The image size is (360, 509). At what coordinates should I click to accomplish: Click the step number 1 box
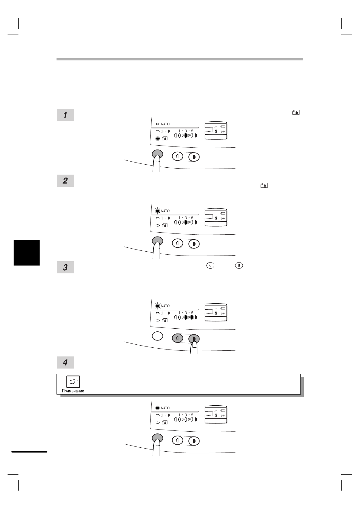[65, 115]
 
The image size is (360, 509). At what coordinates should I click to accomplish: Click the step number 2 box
[65, 181]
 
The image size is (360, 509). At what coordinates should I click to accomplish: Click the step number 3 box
[65, 267]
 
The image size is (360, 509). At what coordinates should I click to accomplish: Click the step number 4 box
[65, 362]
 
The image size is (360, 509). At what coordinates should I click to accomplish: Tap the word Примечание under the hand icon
[73, 391]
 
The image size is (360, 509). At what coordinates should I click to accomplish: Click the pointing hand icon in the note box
[73, 382]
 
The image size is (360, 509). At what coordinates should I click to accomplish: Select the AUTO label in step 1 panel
[165, 124]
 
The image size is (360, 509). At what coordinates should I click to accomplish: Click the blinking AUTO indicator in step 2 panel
[157, 211]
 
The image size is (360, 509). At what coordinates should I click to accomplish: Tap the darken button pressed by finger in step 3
[194, 339]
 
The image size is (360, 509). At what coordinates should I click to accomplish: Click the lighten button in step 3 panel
[177, 338]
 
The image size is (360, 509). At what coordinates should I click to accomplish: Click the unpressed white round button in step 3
[157, 336]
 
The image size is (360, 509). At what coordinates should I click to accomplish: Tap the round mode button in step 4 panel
[157, 438]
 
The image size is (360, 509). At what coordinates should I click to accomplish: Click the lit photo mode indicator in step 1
[157, 138]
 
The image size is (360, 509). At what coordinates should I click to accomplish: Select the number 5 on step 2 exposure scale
[192, 218]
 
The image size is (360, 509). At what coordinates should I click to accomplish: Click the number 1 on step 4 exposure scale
[179, 415]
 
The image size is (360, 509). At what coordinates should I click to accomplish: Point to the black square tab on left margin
[27, 253]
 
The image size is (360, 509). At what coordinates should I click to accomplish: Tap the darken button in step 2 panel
[194, 244]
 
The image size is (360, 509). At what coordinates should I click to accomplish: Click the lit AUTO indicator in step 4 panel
[157, 408]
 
